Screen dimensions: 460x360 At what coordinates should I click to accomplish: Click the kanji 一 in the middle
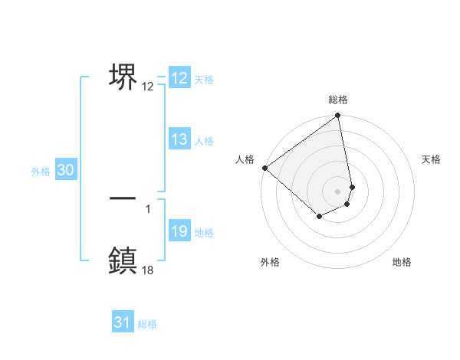pyautogui.click(x=123, y=198)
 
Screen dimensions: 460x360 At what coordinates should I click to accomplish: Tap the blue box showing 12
pyautogui.click(x=179, y=78)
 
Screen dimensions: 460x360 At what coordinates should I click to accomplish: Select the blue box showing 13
pyautogui.click(x=179, y=139)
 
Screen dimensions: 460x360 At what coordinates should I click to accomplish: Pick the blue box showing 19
pyautogui.click(x=179, y=231)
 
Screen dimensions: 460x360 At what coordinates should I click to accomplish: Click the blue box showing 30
pyautogui.click(x=65, y=171)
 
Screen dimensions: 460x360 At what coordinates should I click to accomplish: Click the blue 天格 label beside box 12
pyautogui.click(x=204, y=80)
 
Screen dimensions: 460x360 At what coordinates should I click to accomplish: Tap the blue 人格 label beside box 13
pyautogui.click(x=204, y=141)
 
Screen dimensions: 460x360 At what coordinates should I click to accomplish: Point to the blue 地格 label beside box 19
pyautogui.click(x=204, y=233)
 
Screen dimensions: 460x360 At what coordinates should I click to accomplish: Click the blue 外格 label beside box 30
pyautogui.click(x=41, y=172)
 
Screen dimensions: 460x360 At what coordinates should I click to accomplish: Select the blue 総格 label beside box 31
pyautogui.click(x=147, y=324)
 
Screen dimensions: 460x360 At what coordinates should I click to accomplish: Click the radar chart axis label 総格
pyautogui.click(x=338, y=100)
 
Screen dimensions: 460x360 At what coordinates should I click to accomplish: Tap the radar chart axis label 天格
pyautogui.click(x=432, y=159)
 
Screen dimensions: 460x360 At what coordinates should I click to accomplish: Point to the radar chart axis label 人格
pyautogui.click(x=245, y=159)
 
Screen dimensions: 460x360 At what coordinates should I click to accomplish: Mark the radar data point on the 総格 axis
pyautogui.click(x=337, y=116)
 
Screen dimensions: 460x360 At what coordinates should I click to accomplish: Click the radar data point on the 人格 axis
pyautogui.click(x=264, y=168)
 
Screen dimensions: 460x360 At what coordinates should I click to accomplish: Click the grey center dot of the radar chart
pyautogui.click(x=337, y=191)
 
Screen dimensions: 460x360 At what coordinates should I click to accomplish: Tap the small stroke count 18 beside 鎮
pyautogui.click(x=147, y=269)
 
